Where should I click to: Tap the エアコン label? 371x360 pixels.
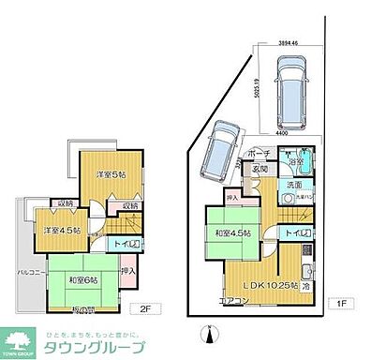click(233, 301)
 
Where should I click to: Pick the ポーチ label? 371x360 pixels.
click(260, 154)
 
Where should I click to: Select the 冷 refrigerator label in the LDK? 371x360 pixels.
click(306, 285)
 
